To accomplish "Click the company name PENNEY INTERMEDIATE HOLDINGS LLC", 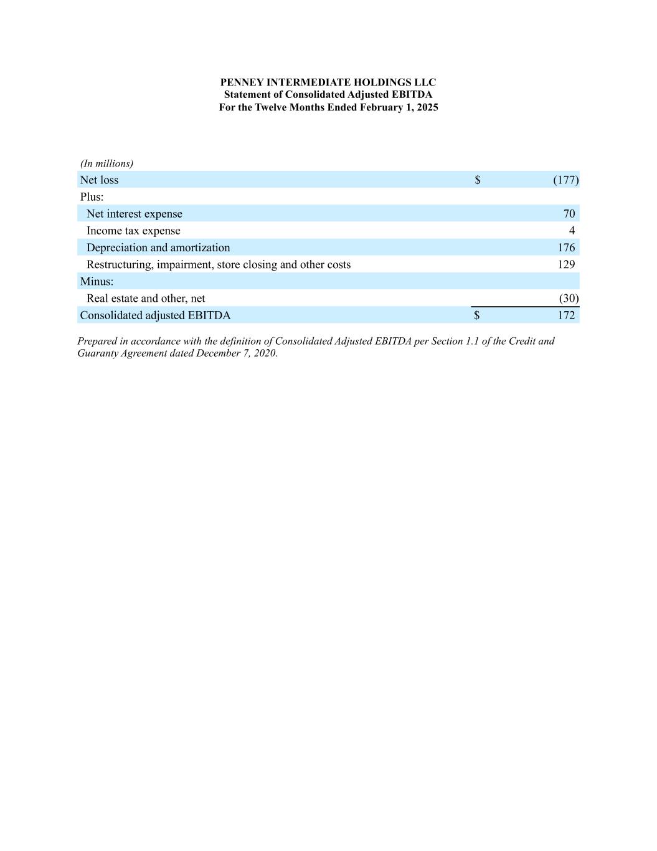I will click(328, 82).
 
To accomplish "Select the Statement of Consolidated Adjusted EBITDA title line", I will click(328, 95).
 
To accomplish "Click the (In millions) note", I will click(106, 163).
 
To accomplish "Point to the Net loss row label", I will click(99, 180).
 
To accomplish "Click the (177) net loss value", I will click(565, 180).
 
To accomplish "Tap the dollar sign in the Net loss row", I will click(478, 180).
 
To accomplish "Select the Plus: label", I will click(92, 197).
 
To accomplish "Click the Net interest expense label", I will click(135, 214).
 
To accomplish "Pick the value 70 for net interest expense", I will click(569, 214).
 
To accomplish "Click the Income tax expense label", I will click(133, 231).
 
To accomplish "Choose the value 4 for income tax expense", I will click(572, 231).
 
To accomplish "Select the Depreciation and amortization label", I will click(158, 248).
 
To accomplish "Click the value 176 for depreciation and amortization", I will click(566, 248).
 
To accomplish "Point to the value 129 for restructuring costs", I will click(566, 264).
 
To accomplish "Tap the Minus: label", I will click(97, 281).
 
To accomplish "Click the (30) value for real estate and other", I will click(569, 298).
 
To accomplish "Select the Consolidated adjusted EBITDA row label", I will click(155, 315).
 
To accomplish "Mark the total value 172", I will click(566, 315).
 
